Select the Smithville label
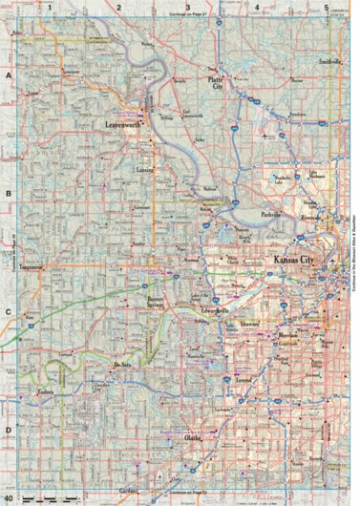click(328, 61)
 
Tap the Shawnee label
click(251, 321)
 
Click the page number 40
click(8, 497)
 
